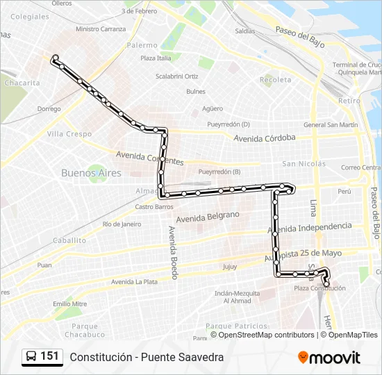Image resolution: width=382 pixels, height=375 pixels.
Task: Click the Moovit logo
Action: pyautogui.click(x=329, y=358)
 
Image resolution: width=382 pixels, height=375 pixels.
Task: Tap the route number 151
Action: pyautogui.click(x=49, y=356)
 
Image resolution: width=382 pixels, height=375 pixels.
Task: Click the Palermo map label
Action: pyautogui.click(x=142, y=45)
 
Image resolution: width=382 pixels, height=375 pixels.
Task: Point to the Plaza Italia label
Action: pyautogui.click(x=156, y=58)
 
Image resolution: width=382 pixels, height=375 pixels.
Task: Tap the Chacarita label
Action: pyautogui.click(x=22, y=83)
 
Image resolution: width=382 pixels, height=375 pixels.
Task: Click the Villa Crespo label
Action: pyautogui.click(x=69, y=133)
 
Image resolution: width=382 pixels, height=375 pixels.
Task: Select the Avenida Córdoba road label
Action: pyautogui.click(x=265, y=137)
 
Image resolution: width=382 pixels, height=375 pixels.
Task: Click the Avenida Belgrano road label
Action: pyautogui.click(x=208, y=217)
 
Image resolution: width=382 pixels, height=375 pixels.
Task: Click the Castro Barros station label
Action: pyautogui.click(x=154, y=206)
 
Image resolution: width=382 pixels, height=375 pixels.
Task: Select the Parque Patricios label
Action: pyautogui.click(x=237, y=326)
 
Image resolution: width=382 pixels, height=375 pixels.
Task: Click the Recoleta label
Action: pyautogui.click(x=276, y=80)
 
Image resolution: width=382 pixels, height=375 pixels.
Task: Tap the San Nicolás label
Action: pyautogui.click(x=304, y=164)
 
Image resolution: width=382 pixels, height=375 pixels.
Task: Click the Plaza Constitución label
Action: pyautogui.click(x=310, y=288)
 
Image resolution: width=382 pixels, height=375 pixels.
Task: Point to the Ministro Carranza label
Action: pyautogui.click(x=101, y=29)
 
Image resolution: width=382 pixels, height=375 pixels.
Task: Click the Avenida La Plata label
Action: pyautogui.click(x=135, y=281)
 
